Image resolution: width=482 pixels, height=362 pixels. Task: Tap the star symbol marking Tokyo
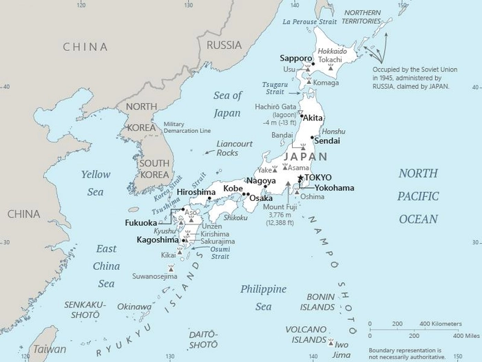coord(300,178)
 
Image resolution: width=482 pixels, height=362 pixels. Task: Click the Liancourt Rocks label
coord(235,148)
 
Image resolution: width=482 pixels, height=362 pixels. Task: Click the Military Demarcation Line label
coord(182,128)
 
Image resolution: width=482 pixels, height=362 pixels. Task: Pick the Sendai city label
coord(328,140)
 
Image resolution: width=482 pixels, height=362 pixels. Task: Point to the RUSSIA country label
coord(224,45)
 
